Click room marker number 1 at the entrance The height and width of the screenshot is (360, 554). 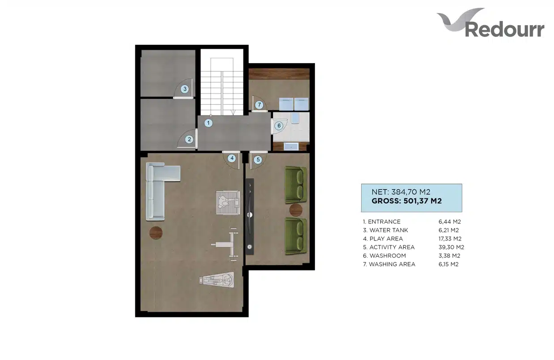pos(208,123)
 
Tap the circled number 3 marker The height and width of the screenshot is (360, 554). pos(184,89)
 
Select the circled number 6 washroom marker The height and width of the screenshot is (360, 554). pos(279,126)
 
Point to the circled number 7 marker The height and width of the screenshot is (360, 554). pos(259,105)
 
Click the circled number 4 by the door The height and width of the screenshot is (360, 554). pos(232,159)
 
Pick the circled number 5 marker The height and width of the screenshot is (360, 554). pos(258,159)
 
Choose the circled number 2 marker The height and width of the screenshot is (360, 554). pos(189,139)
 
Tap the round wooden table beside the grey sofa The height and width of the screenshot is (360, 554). pos(156,233)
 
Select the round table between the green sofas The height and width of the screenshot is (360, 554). pos(296,210)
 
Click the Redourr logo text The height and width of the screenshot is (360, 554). pos(504,30)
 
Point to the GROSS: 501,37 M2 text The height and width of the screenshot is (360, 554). pos(407,201)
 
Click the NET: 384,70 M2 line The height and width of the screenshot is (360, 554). pos(401,192)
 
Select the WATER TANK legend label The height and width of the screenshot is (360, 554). pos(388,230)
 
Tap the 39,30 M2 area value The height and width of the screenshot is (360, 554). pos(451,247)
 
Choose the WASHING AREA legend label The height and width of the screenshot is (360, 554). pos(392,264)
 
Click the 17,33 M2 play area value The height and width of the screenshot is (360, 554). pos(450,239)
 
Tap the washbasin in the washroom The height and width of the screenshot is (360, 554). pos(291,146)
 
